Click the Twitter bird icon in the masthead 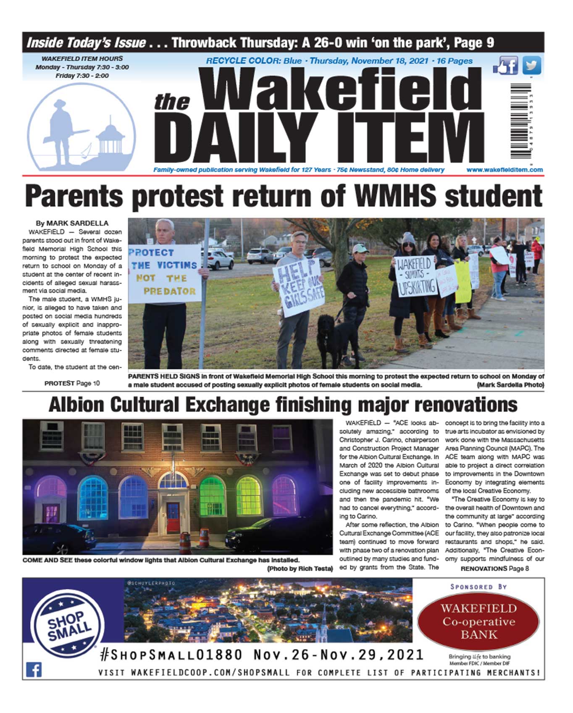tap(532, 66)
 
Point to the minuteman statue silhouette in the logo tap(63, 128)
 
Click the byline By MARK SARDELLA tap(72, 223)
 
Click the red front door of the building tap(173, 517)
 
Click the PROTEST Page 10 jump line tap(72, 383)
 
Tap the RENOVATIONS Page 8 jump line tap(494, 568)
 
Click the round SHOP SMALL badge tap(69, 623)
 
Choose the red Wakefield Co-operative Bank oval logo tap(478, 621)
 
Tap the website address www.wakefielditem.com tap(504, 170)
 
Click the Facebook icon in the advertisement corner tap(34, 669)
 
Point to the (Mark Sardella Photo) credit tap(510, 384)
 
